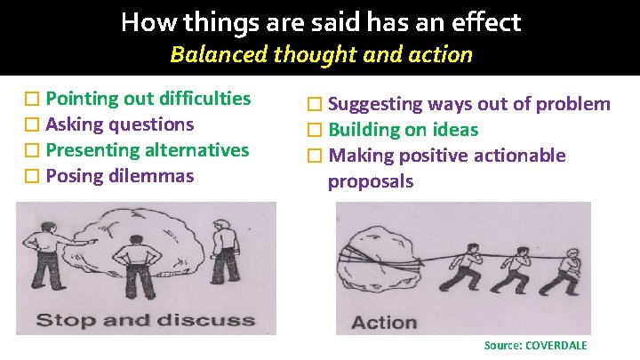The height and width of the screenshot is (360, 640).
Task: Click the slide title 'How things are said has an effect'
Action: point(320,21)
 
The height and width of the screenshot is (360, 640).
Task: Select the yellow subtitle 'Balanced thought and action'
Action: point(320,55)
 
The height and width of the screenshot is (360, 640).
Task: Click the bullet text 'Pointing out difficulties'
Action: point(148,99)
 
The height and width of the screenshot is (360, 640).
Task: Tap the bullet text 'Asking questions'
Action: point(119,124)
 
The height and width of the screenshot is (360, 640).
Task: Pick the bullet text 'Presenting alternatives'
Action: point(147,150)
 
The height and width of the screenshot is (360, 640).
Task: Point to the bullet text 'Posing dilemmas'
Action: point(119,176)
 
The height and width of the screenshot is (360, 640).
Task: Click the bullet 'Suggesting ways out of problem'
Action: point(469,104)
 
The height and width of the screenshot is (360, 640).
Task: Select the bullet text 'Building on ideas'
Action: point(404,130)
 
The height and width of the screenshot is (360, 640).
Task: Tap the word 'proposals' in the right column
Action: point(371,182)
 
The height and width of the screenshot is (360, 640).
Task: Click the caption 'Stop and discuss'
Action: point(145,320)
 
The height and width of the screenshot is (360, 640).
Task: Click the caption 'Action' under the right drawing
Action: point(384,322)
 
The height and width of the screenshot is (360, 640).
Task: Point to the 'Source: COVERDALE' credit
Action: point(535,345)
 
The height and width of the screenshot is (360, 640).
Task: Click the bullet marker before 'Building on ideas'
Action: point(313,131)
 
